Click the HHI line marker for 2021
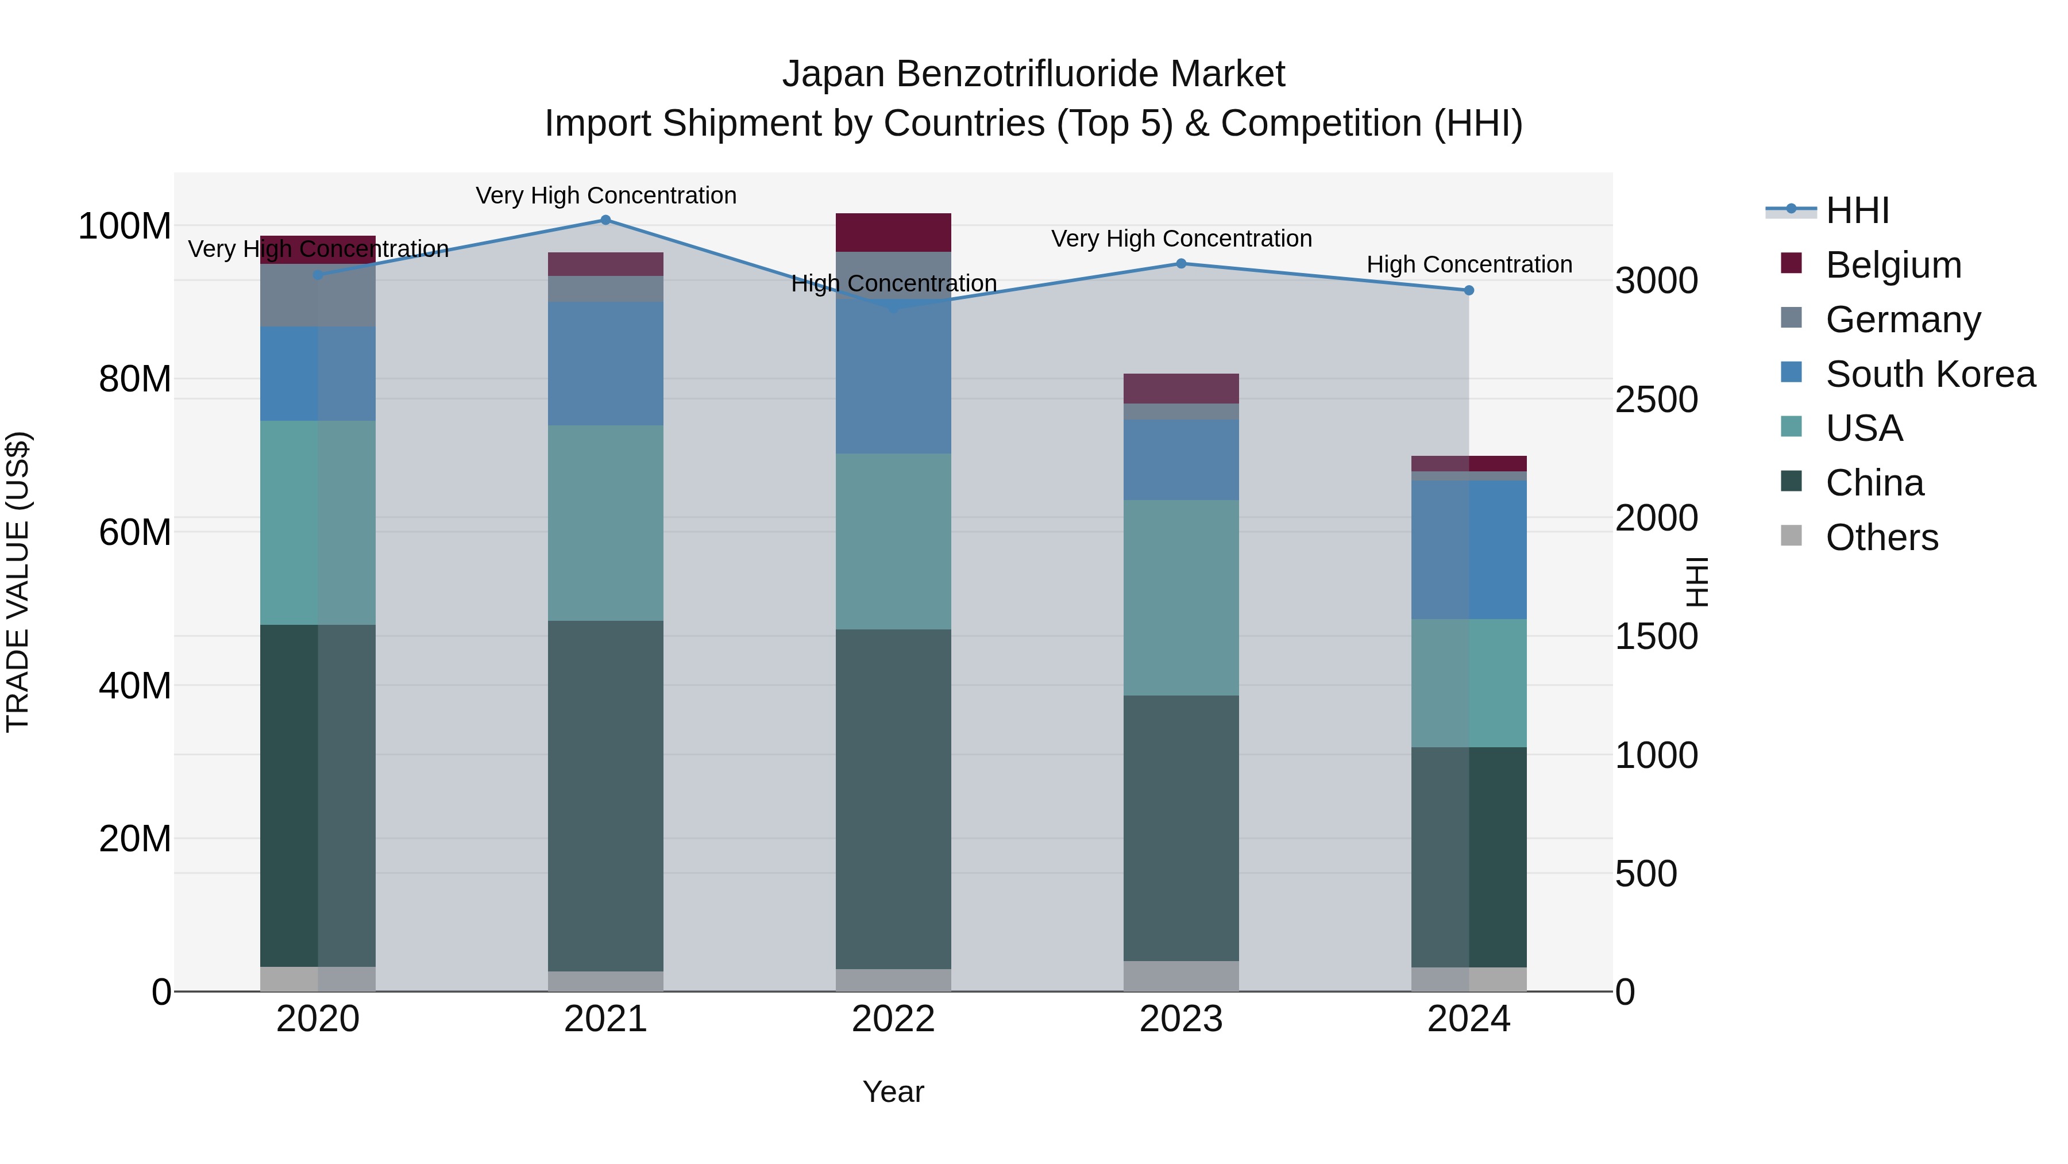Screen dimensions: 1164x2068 pos(605,220)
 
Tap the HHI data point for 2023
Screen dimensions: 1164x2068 pos(1181,263)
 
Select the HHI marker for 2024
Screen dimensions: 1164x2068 pos(1468,291)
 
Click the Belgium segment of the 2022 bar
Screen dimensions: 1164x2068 pos(893,233)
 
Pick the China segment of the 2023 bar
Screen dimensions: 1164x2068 pos(1181,827)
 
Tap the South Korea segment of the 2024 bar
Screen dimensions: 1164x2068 pos(1468,550)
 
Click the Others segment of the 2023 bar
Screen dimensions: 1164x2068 pos(1181,976)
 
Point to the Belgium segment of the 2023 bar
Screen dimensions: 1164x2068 pos(1181,389)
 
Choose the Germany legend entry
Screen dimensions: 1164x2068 pos(1903,320)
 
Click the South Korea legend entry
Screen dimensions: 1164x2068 pos(1930,374)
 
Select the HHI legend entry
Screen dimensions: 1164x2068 pos(1856,210)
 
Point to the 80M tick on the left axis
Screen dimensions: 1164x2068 pos(135,379)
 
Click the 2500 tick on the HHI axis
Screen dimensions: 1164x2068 pos(1656,400)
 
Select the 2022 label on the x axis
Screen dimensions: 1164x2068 pos(893,1019)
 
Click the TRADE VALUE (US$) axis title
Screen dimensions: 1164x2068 pos(18,582)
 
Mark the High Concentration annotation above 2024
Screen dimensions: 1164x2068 pos(1468,264)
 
